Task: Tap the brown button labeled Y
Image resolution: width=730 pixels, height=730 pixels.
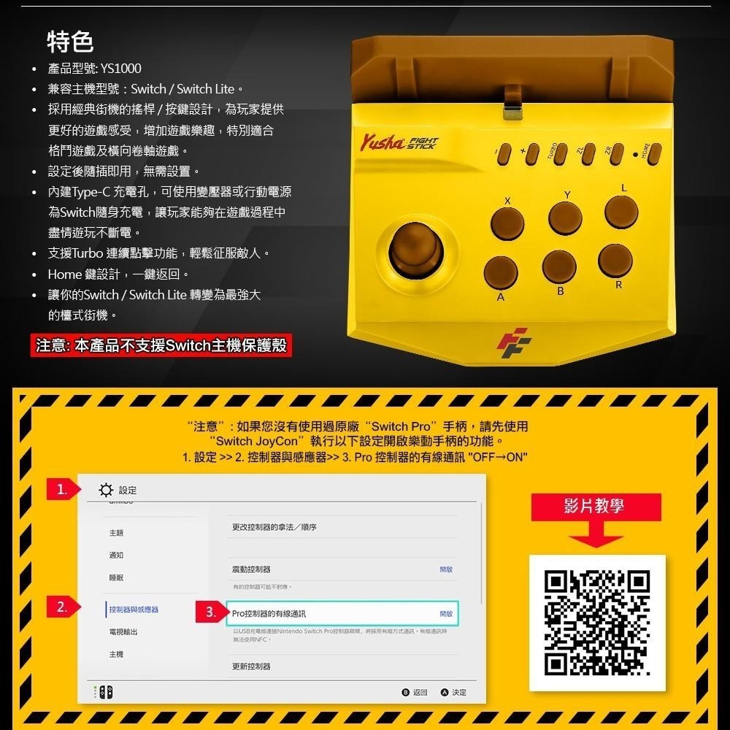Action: (x=565, y=217)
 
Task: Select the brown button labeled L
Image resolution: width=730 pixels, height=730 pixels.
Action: (x=621, y=210)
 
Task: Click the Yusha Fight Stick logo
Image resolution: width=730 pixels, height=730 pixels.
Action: (x=398, y=142)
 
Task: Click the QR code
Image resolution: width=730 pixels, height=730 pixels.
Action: (x=597, y=623)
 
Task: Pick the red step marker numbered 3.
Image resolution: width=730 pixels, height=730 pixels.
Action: (x=210, y=613)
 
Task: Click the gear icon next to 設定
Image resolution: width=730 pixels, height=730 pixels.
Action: (x=107, y=490)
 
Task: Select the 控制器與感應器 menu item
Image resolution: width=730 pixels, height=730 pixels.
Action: (x=134, y=609)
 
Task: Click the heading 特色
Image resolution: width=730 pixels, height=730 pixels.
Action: (x=70, y=42)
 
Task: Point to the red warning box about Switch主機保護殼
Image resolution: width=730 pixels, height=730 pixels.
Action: (x=164, y=346)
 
